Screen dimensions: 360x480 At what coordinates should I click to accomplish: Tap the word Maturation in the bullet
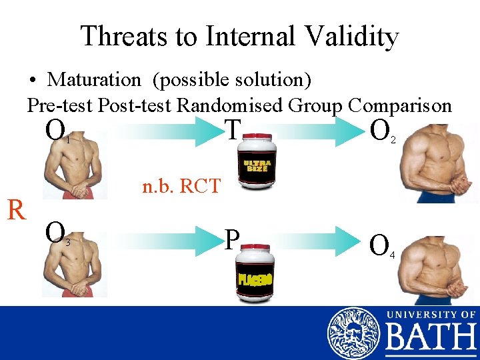coord(94,80)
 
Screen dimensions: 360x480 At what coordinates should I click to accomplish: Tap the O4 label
coord(383,246)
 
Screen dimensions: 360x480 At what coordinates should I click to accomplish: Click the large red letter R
coord(17,210)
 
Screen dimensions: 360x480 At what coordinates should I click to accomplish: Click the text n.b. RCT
coord(181,186)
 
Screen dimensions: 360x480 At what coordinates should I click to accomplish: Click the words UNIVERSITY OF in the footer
coord(430,314)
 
